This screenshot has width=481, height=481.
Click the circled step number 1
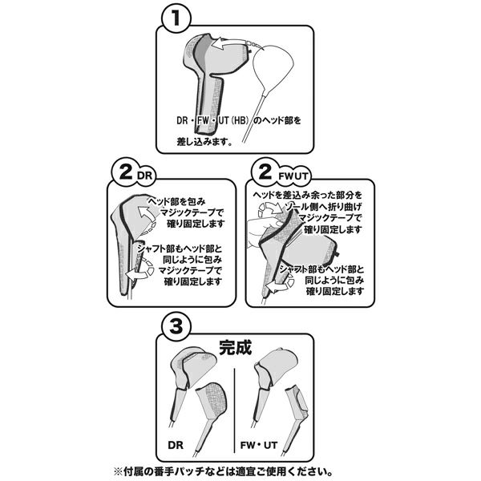pyautogui.click(x=176, y=18)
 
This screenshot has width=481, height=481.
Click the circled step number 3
pyautogui.click(x=176, y=326)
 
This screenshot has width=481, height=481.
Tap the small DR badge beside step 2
pyautogui.click(x=145, y=176)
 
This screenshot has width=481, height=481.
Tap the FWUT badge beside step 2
pyautogui.click(x=293, y=176)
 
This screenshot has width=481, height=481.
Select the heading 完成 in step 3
pyautogui.click(x=235, y=347)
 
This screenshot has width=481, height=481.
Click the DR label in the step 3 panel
pyautogui.click(x=176, y=445)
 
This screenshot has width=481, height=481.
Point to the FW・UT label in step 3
pyautogui.click(x=259, y=445)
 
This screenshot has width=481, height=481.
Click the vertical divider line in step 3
pyautogui.click(x=234, y=410)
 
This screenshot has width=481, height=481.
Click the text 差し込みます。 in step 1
pyautogui.click(x=205, y=142)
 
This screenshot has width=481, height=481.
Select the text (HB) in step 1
pyautogui.click(x=239, y=120)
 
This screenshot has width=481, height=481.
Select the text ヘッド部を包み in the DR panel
pyautogui.click(x=177, y=201)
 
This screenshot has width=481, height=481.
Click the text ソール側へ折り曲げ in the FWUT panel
pyautogui.click(x=323, y=207)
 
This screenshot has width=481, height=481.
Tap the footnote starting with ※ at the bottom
pyautogui.click(x=224, y=471)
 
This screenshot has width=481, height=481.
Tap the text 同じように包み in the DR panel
pyautogui.click(x=192, y=260)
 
